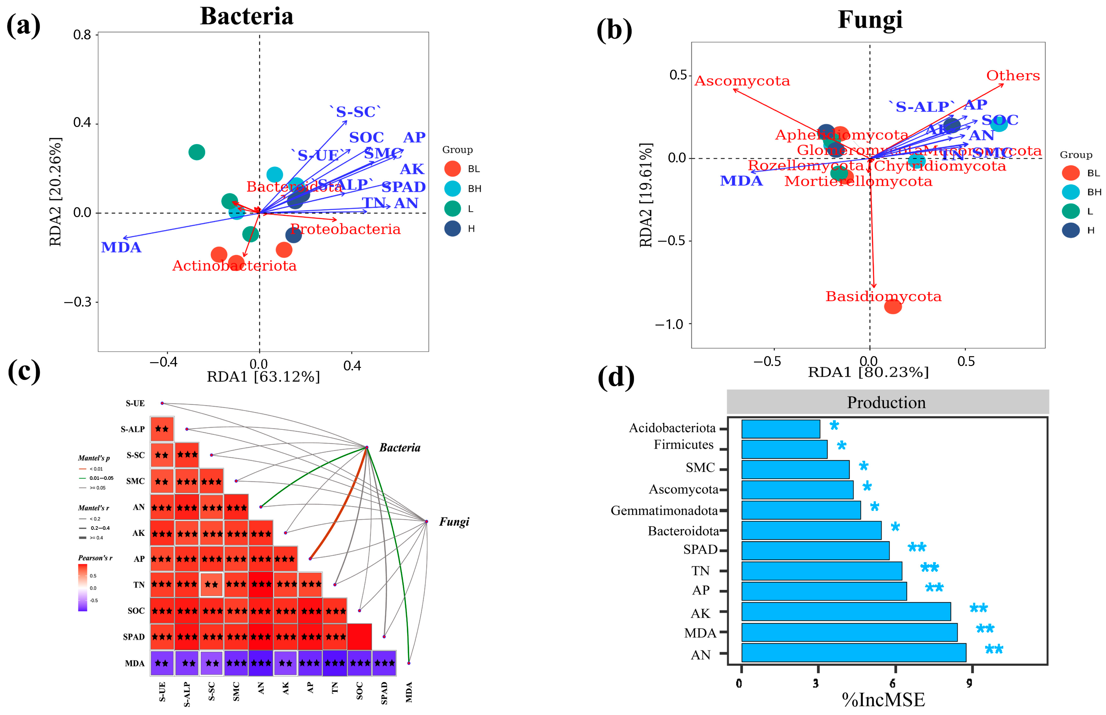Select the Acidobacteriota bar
click(x=780, y=429)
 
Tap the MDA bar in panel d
click(x=848, y=632)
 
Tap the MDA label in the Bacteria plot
click(x=121, y=247)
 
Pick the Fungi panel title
click(x=870, y=19)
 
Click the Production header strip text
click(x=886, y=402)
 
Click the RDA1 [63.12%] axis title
click(x=263, y=377)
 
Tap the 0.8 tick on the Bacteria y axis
click(x=82, y=35)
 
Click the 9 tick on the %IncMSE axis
click(x=969, y=683)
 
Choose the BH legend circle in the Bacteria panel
click(x=452, y=188)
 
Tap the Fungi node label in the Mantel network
click(x=454, y=522)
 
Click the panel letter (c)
click(x=24, y=371)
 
